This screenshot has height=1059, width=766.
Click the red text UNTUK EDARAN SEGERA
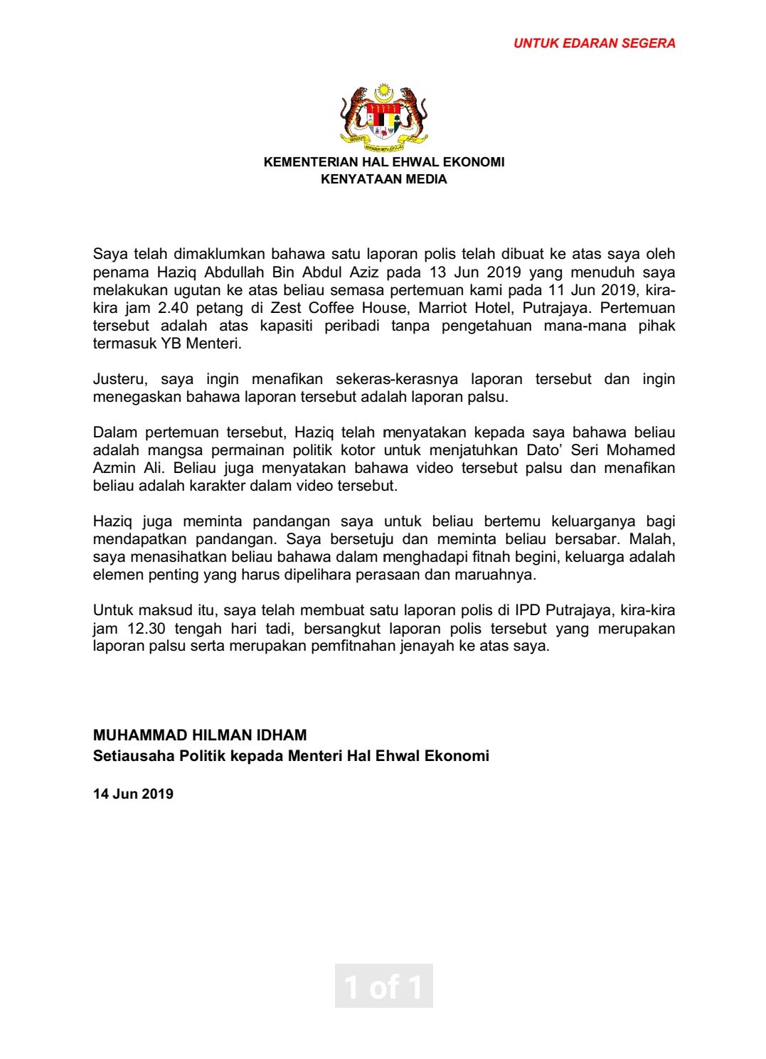coord(594,43)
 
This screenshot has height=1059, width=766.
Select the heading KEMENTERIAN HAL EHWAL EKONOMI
coord(384,162)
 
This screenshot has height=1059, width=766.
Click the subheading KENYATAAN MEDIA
coord(384,179)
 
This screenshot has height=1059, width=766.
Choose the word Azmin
coord(113,468)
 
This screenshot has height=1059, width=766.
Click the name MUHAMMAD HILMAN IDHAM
coord(200,735)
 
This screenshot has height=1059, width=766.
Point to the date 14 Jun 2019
coord(133,794)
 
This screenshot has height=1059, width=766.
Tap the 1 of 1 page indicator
coord(383,986)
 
